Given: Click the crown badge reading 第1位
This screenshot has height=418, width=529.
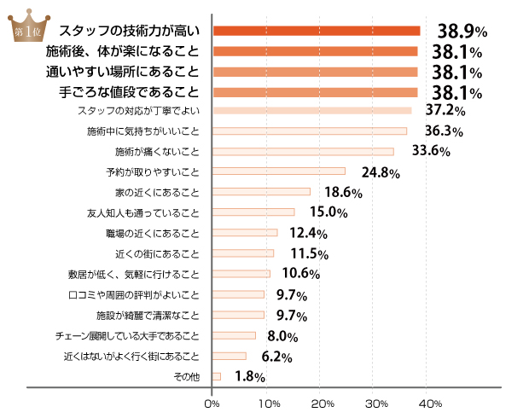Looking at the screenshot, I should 26,27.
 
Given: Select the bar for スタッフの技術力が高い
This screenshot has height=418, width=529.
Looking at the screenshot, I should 316,32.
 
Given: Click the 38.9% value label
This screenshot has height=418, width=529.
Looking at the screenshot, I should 462,32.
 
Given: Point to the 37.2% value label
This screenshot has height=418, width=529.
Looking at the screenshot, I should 444,111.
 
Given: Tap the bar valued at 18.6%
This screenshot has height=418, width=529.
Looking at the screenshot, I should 261,192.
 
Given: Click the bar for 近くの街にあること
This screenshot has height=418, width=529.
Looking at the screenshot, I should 242,253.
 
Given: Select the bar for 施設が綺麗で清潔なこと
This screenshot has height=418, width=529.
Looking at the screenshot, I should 238,315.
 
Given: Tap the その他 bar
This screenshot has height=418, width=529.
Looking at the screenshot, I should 217,376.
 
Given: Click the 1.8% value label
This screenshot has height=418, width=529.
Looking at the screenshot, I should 249,376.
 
